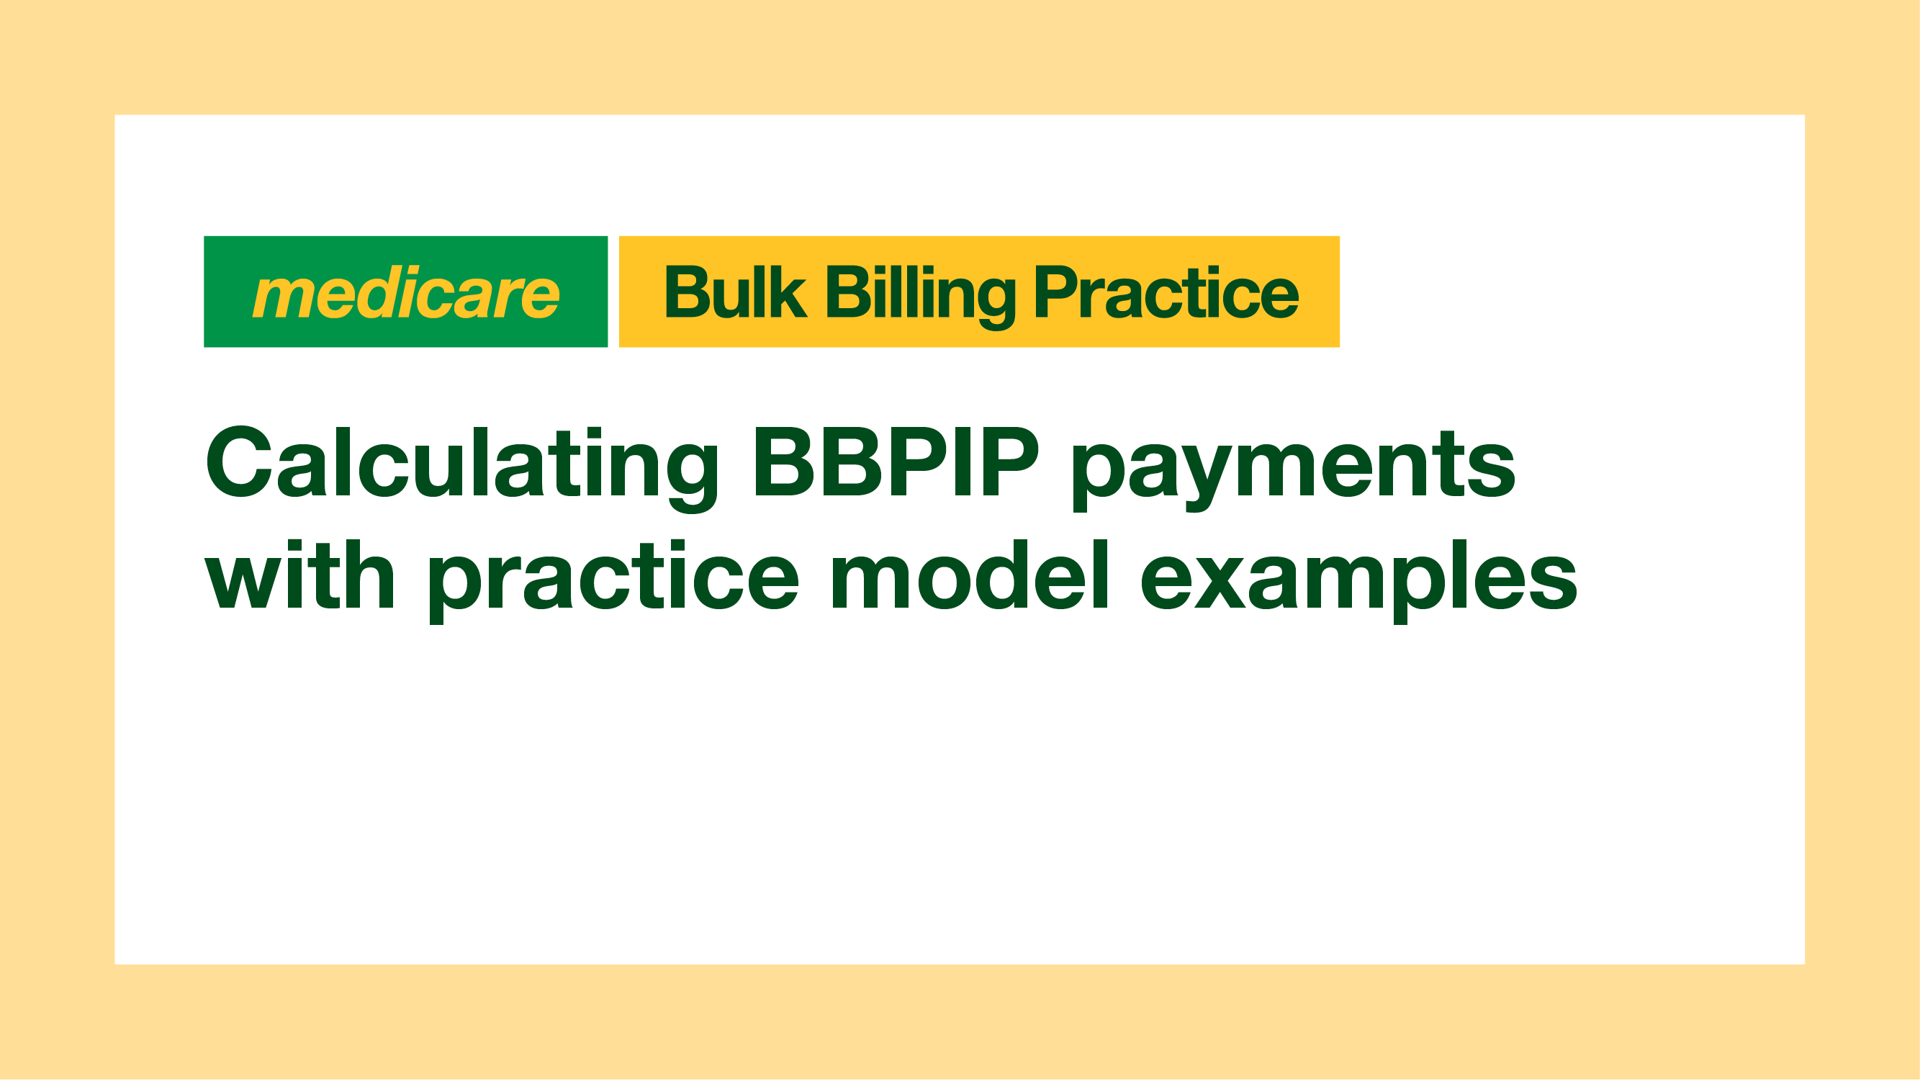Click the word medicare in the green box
pyautogui.click(x=405, y=292)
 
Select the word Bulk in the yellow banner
pyautogui.click(x=735, y=292)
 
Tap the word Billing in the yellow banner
pyautogui.click(x=921, y=297)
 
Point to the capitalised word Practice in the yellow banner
pyautogui.click(x=1166, y=292)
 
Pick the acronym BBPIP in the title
pyautogui.click(x=896, y=461)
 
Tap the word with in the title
pyautogui.click(x=299, y=574)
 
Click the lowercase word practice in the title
pyautogui.click(x=614, y=581)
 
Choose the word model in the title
pyautogui.click(x=971, y=574)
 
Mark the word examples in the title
pyautogui.click(x=1359, y=581)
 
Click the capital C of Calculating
pyautogui.click(x=239, y=461)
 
